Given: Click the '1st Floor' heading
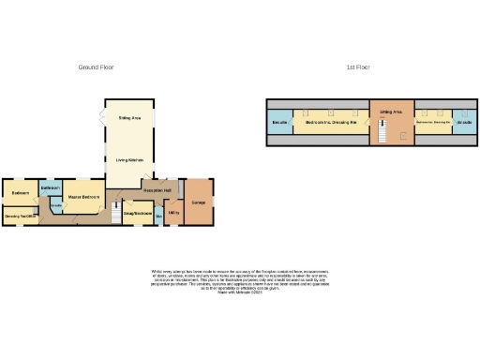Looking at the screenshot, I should pos(356,67).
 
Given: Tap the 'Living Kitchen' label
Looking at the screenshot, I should pos(129,160).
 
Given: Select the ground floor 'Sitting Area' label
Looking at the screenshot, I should pos(129,119).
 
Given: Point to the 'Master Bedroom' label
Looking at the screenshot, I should pos(84,198).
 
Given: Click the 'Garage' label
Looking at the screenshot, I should pos(199,202).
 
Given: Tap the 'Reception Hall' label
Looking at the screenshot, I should pos(156,190).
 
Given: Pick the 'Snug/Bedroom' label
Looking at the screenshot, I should pos(138,214).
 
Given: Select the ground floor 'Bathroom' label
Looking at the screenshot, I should pos(51,188).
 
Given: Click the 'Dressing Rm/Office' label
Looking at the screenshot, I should pos(20,217).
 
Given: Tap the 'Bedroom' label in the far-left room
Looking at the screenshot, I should pos(19,193).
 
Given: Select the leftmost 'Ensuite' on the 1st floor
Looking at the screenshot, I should pos(279,122).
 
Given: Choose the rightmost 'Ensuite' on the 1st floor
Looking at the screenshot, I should pos(463,122).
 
